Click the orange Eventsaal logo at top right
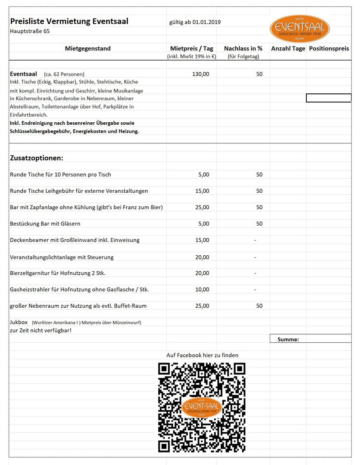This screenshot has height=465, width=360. click(300, 28)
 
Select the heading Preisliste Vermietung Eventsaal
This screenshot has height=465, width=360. click(69, 22)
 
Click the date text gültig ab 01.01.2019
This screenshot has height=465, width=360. click(195, 22)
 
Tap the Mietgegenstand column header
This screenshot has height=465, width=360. click(88, 49)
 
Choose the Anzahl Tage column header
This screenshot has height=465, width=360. click(288, 49)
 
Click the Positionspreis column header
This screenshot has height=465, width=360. click(329, 49)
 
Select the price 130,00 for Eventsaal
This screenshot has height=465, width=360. click(201, 74)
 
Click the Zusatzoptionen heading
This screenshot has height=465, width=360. click(37, 158)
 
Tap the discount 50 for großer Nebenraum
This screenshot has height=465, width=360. click(259, 306)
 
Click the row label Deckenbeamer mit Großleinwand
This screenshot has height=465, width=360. click(74, 240)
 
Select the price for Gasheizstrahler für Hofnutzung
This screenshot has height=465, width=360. click(203, 289)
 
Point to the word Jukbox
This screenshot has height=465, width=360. click(18, 322)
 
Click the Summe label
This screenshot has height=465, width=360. click(288, 339)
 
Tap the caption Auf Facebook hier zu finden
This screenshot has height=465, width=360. click(202, 355)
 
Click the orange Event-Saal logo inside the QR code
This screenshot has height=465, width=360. click(202, 407)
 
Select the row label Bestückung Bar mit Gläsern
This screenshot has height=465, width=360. click(45, 223)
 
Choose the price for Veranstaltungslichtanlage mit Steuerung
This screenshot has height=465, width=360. click(203, 257)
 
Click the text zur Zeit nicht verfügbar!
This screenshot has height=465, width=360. click(40, 330)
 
